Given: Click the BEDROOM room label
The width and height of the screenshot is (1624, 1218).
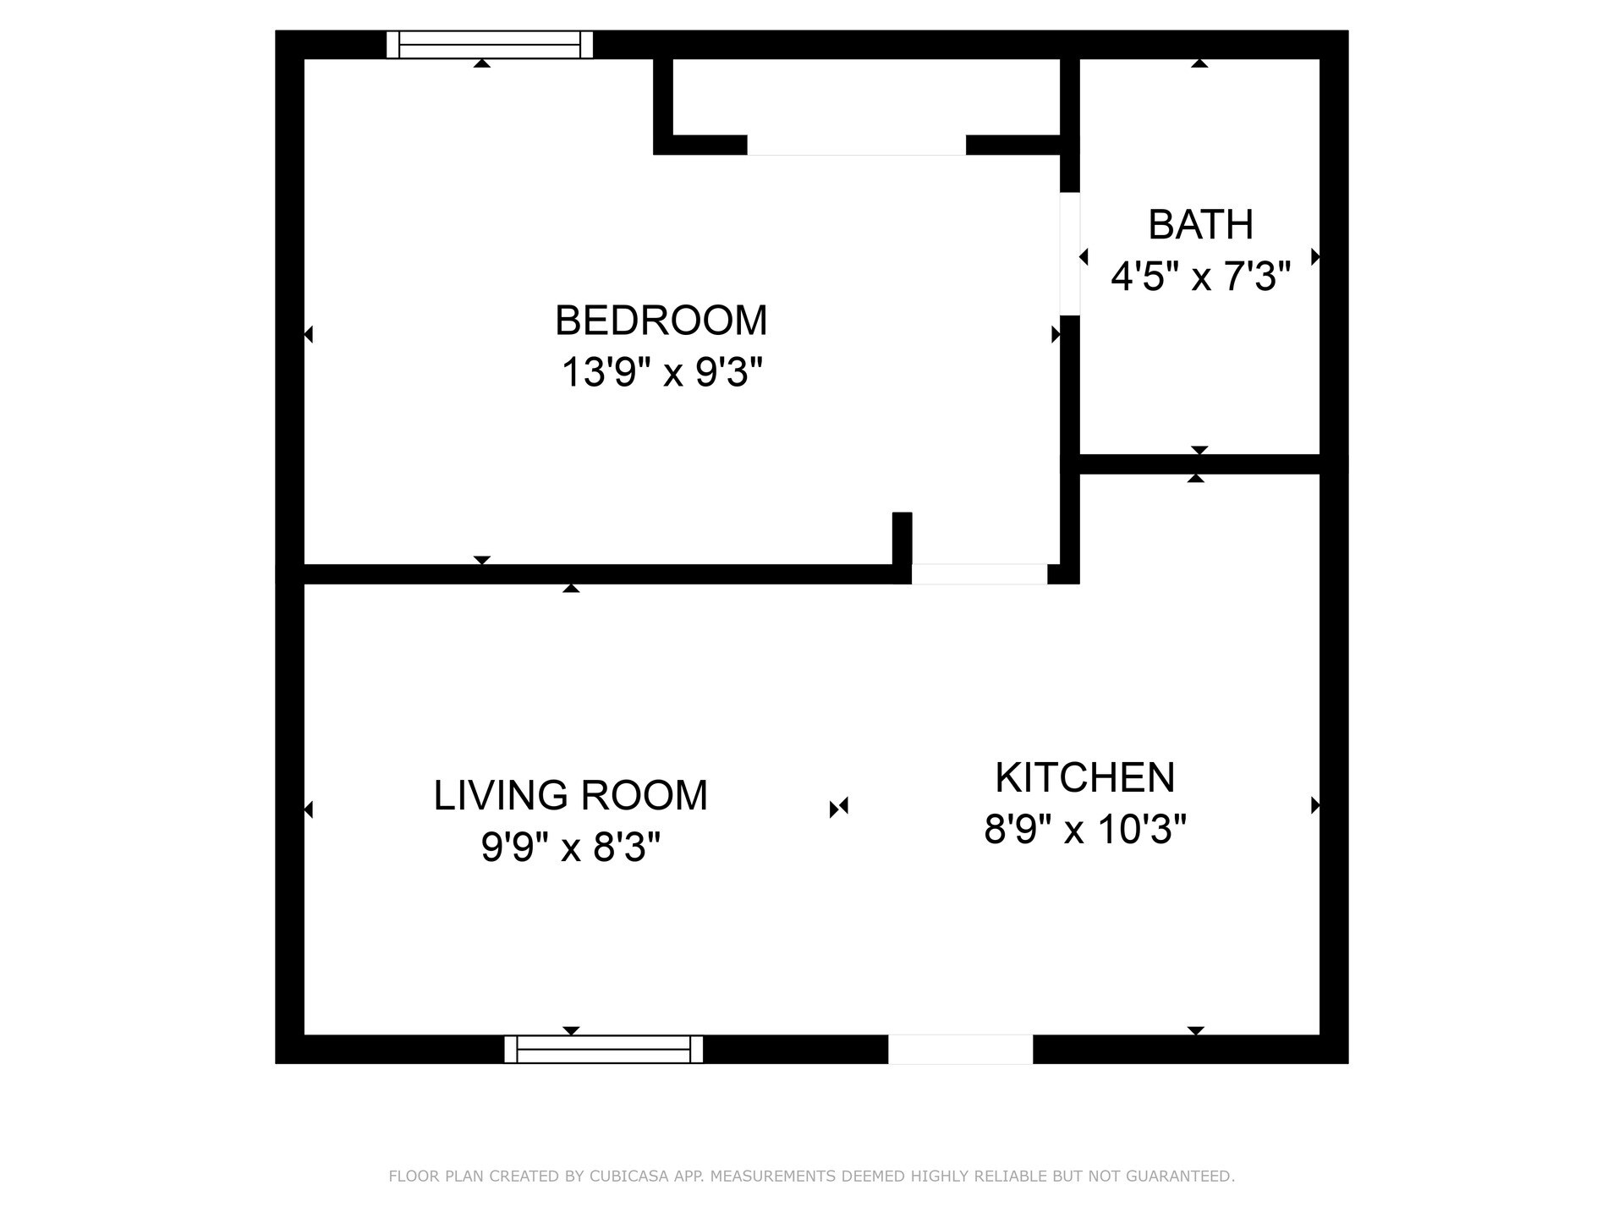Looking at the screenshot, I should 661,321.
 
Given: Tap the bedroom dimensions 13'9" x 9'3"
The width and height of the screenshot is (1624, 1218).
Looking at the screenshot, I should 661,372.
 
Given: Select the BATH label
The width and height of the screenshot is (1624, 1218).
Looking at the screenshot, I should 1200,225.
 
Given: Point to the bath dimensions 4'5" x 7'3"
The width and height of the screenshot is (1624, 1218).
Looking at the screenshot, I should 1200,277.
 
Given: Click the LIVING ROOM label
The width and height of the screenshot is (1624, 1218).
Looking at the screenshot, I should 570,796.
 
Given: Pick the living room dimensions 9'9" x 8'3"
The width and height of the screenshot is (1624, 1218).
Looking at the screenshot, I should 570,847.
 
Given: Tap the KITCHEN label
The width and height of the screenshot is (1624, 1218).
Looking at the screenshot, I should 1084,778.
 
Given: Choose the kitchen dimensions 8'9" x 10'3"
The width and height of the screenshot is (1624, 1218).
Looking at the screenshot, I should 1084,830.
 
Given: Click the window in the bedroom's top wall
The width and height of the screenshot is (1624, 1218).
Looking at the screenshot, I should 489,45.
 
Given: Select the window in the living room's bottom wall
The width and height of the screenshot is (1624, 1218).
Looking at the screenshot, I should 603,1049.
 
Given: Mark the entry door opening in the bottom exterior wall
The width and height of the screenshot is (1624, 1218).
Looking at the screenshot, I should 960,1049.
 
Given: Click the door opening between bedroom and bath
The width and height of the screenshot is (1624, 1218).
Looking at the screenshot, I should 1070,254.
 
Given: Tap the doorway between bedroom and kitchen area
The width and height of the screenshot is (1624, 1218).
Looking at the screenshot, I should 979,574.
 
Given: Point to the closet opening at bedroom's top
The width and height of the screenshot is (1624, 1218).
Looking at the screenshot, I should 856,145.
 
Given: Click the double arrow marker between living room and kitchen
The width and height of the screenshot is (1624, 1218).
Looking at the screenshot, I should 838,808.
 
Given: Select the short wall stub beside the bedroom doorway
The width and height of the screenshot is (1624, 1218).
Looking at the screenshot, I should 902,538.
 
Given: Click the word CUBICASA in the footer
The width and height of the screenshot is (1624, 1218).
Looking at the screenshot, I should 628,1177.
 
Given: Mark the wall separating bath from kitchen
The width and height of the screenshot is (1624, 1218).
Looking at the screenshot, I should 1199,464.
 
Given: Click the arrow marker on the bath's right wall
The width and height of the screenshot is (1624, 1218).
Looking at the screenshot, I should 1314,256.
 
